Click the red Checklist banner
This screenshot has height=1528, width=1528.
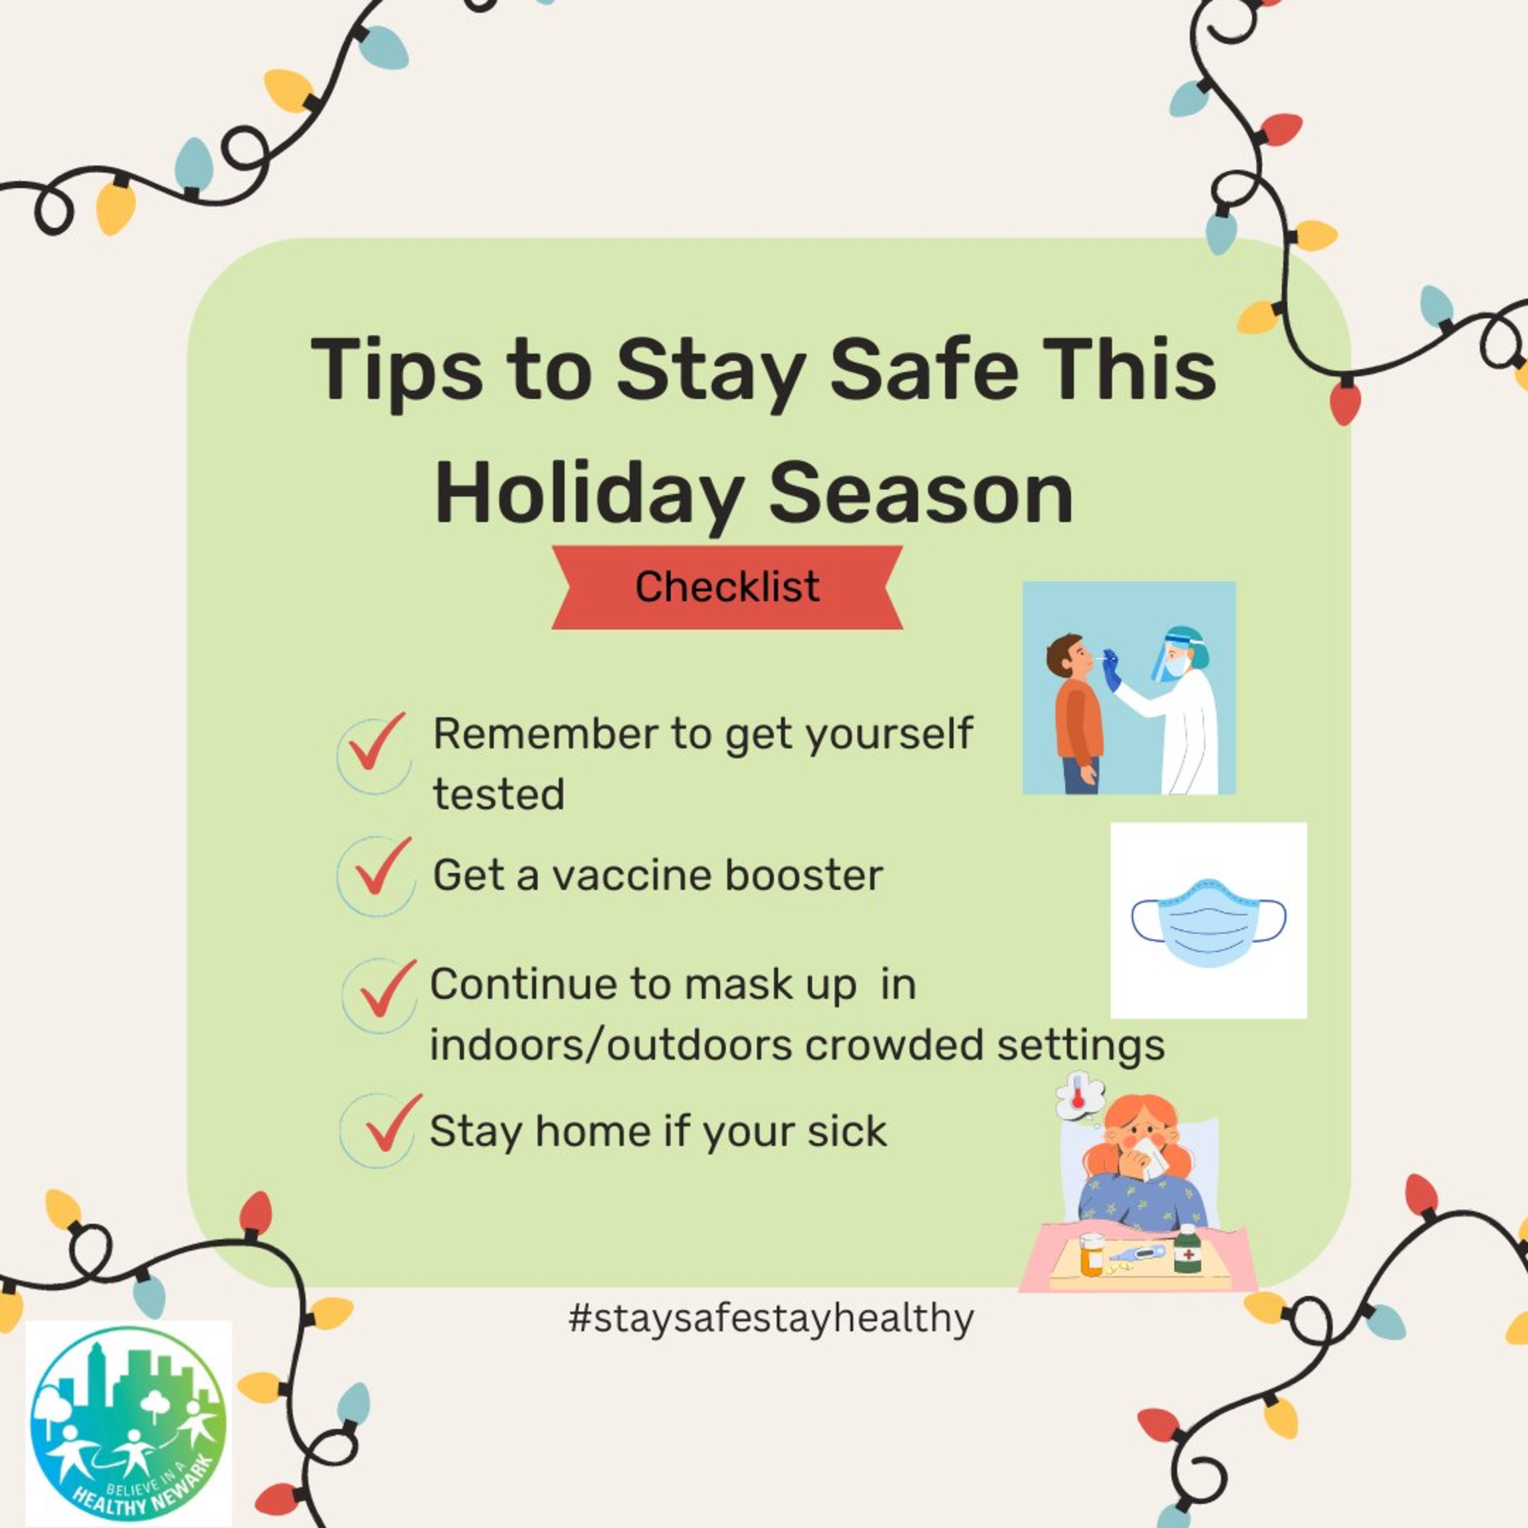click(x=727, y=587)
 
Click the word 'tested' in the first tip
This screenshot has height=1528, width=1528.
click(x=499, y=795)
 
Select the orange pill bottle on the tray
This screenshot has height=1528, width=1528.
click(x=1092, y=1255)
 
